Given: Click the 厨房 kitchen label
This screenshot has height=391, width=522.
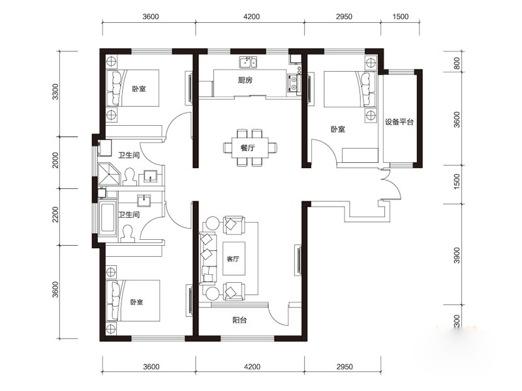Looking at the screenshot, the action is (245, 80).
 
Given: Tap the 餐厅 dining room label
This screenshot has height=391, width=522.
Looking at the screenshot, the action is (247, 148).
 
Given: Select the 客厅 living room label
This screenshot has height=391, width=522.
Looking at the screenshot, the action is (233, 258).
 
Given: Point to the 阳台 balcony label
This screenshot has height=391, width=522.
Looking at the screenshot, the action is (239, 320).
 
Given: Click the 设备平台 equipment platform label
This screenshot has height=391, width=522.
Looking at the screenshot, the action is (399, 122).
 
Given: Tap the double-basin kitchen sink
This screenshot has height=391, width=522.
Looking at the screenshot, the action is (249, 62).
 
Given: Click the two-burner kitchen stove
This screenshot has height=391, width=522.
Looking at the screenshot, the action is (294, 84).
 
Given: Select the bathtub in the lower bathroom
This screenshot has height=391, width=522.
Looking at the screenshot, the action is (108, 218).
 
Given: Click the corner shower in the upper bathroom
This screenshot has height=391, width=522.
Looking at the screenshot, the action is (108, 174).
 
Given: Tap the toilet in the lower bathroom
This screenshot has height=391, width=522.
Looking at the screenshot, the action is (128, 234).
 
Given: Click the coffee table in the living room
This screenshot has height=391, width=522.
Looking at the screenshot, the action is (234, 258).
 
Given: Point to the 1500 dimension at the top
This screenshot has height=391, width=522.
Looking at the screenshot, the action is (400, 16).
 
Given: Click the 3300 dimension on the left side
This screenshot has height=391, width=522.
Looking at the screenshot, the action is (55, 91).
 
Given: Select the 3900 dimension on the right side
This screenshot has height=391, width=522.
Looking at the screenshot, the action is (457, 255).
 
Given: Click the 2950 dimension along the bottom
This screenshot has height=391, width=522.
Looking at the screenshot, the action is (345, 367).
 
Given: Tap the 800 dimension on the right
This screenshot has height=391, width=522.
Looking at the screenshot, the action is (457, 63).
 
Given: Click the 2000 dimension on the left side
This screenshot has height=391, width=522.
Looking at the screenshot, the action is (55, 160).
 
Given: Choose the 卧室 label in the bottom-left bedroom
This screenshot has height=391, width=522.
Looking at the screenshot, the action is (137, 302).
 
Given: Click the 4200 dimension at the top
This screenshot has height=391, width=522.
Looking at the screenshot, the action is (251, 16).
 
